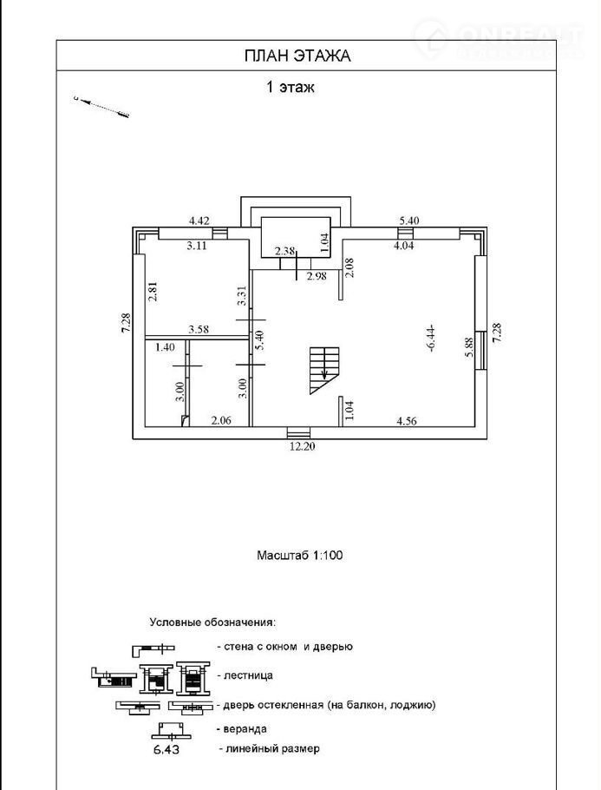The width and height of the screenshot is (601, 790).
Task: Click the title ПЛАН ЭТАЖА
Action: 297,56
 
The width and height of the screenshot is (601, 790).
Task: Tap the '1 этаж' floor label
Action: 289,87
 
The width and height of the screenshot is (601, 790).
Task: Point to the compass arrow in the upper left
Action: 101,106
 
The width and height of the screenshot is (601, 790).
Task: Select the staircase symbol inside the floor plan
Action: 324,369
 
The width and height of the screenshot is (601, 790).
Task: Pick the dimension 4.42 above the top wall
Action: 200,221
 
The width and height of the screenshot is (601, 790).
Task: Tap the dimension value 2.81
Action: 153,291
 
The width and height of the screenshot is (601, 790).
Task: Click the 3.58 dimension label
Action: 200,329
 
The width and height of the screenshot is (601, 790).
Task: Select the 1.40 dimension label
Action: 165,347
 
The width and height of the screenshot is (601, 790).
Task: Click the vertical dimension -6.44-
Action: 431,336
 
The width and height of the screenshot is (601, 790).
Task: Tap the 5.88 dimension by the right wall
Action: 468,348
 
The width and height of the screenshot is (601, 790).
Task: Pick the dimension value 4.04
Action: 406,246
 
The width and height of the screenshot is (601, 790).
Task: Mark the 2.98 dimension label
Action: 318,276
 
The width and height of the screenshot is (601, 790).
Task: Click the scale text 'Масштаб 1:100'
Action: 300,555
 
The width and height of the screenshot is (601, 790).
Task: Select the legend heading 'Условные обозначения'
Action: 212,622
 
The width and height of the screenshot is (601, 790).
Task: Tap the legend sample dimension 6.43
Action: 167,747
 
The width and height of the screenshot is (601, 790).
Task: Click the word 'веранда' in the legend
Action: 245,728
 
